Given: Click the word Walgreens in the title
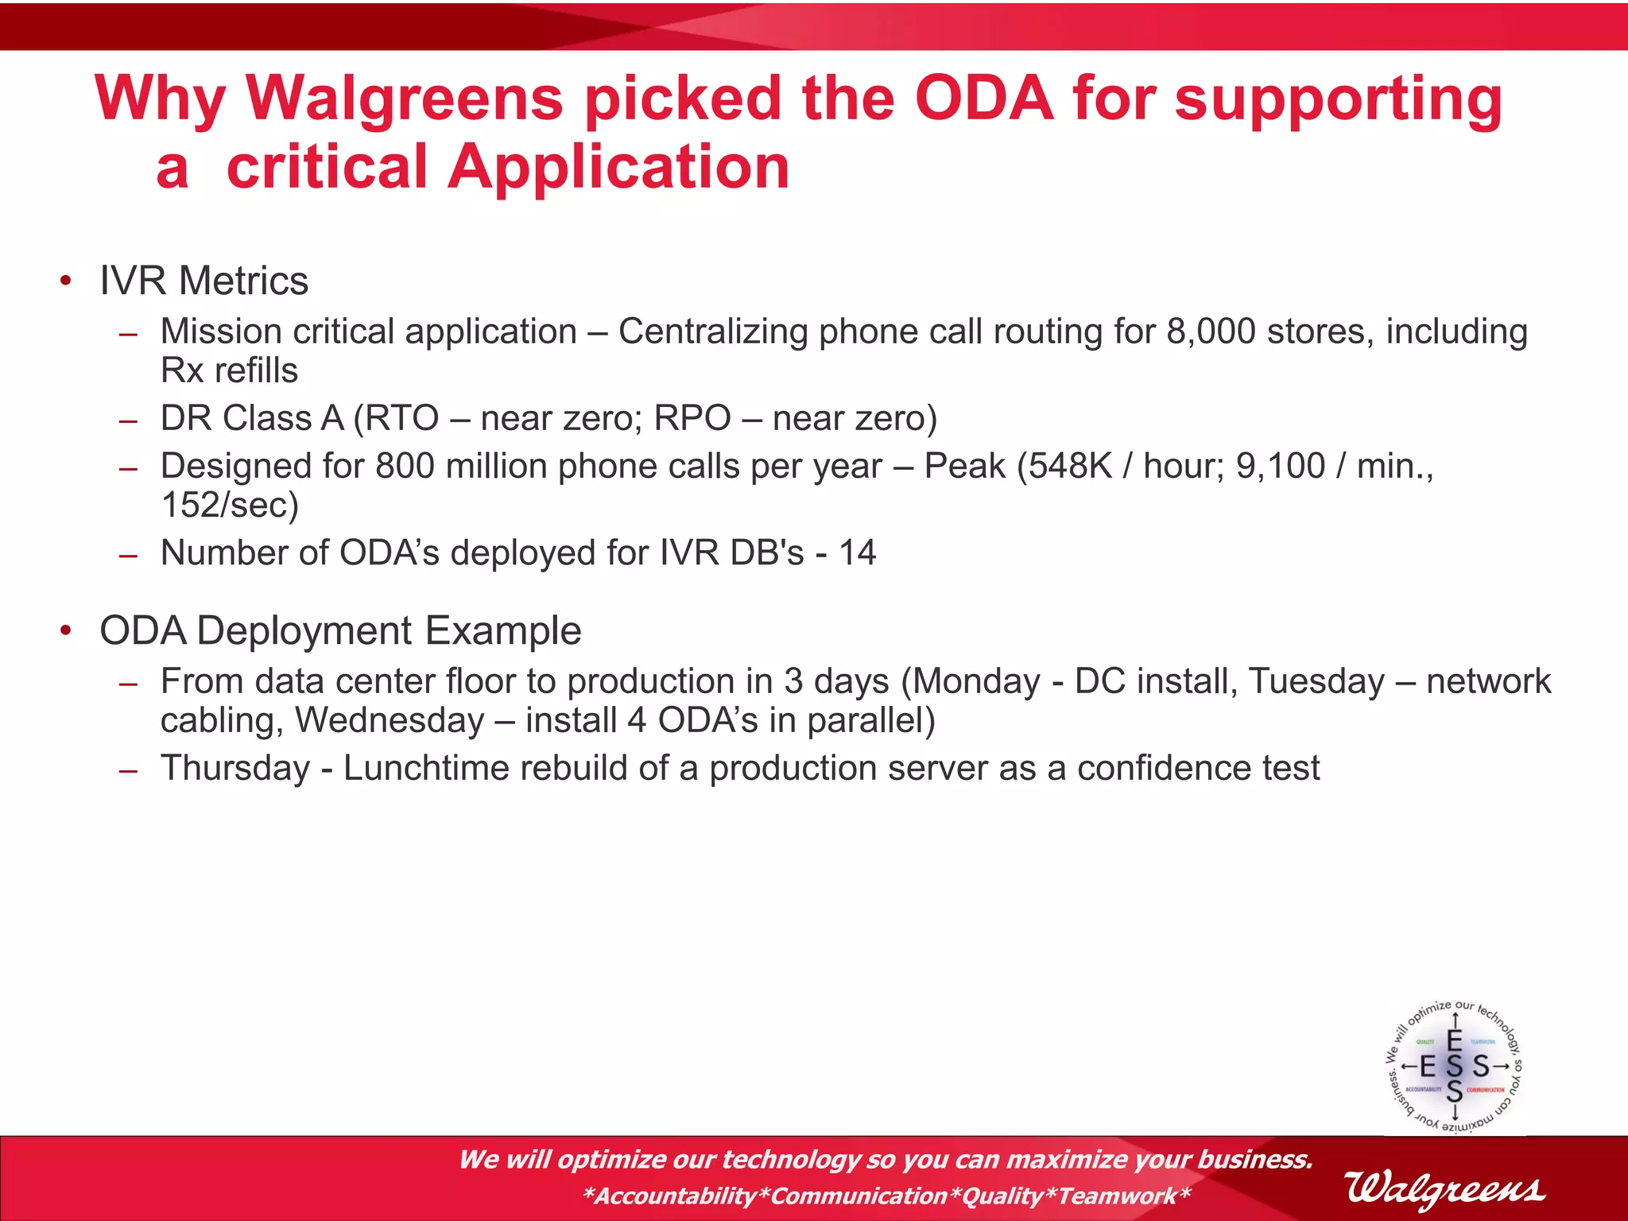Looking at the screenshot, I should [x=404, y=99].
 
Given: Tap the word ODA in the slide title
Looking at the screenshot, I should [x=983, y=99].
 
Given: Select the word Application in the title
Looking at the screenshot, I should [x=618, y=168].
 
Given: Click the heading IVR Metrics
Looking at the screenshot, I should [x=203, y=281].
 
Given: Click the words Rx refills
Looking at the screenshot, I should [x=229, y=370].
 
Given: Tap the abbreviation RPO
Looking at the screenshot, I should [x=692, y=418].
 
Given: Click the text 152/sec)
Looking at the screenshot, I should [x=229, y=505].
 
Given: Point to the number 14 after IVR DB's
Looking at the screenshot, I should [x=858, y=552].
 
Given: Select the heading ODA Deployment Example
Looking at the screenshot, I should [x=340, y=630].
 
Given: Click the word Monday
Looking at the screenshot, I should [x=976, y=681].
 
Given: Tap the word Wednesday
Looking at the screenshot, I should [x=390, y=720].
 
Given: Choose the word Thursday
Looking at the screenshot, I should [x=235, y=768].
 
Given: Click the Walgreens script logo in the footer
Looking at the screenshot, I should [x=1444, y=1188].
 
